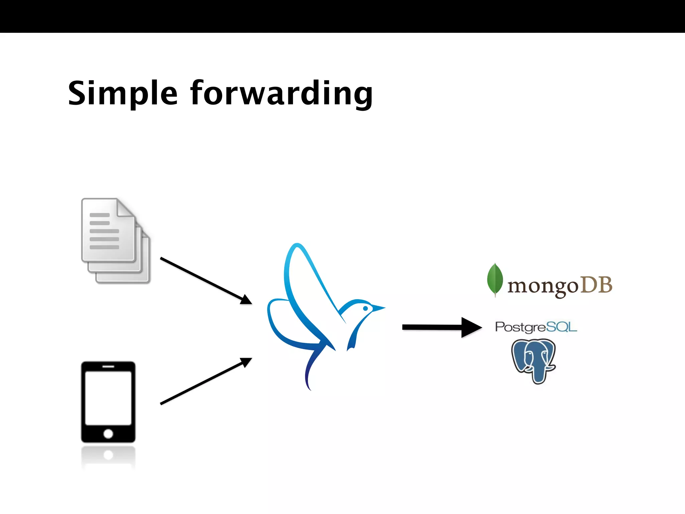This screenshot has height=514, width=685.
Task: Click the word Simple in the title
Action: [122, 94]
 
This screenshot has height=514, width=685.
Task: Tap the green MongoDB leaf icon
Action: [495, 280]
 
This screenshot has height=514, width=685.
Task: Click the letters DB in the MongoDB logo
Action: [596, 285]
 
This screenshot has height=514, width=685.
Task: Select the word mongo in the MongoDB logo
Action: [543, 286]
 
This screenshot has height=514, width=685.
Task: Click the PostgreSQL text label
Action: [536, 327]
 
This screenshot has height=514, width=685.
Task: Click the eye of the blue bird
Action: [366, 308]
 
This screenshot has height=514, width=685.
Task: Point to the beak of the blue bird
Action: [379, 308]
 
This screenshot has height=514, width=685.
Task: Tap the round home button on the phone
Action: [108, 434]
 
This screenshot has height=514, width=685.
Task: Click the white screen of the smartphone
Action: [108, 398]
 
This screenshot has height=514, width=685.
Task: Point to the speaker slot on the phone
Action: [108, 366]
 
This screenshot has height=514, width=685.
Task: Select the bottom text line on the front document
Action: [104, 247]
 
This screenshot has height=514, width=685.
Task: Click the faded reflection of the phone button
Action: [108, 455]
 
